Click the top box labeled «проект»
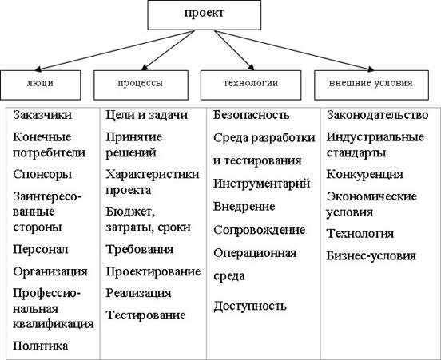click(205, 15)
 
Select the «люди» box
click(41, 85)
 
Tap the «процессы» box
click(141, 85)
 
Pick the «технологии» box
click(251, 85)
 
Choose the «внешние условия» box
click(371, 85)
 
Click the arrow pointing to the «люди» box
click(115, 50)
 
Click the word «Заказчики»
click(42, 115)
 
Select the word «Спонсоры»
click(42, 174)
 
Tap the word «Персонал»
click(41, 249)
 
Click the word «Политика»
click(41, 346)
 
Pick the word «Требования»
click(140, 249)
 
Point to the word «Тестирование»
click(145, 315)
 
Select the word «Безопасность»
click(251, 115)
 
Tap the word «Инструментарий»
click(261, 184)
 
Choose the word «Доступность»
click(250, 306)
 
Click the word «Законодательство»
click(377, 115)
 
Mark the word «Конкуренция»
click(365, 174)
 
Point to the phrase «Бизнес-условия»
click(371, 256)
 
